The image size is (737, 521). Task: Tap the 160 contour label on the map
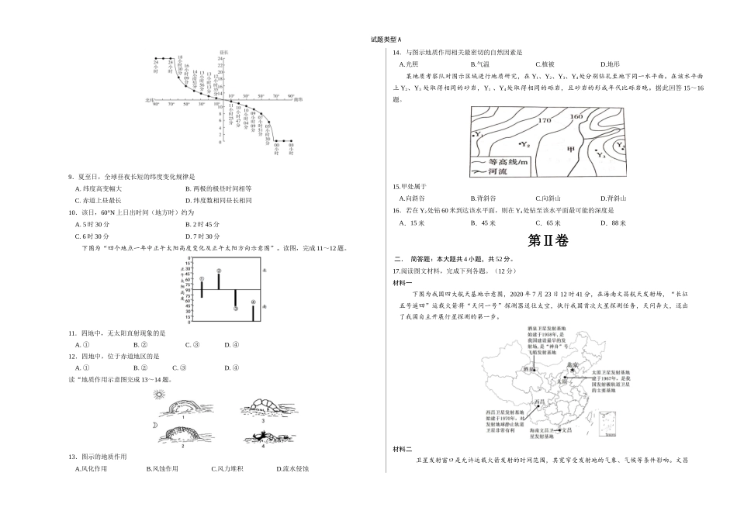click(576, 117)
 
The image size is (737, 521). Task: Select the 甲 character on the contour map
click(573, 149)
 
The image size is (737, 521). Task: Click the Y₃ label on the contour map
click(600, 156)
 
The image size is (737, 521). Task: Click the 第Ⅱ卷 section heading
click(548, 241)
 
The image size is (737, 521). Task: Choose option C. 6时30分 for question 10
click(92, 236)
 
